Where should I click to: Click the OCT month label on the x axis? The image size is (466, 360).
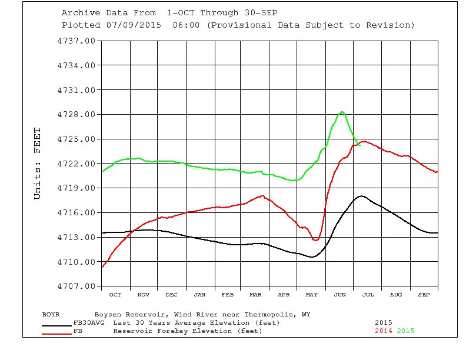click(115, 294)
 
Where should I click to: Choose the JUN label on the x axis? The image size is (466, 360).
click(339, 294)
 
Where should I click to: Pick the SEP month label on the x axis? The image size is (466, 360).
click(424, 294)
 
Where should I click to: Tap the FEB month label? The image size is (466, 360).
click(228, 294)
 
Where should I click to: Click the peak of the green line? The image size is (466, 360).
click(342, 112)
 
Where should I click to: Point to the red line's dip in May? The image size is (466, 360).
click(315, 240)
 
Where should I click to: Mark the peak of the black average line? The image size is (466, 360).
click(361, 196)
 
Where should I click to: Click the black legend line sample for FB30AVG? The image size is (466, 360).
click(57, 325)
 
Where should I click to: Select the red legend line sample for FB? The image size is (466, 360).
click(57, 334)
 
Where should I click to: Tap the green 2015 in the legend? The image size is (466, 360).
click(405, 331)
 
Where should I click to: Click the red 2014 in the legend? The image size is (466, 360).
click(384, 331)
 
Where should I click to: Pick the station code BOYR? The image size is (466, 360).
click(51, 314)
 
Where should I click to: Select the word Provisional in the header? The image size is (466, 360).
click(235, 25)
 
